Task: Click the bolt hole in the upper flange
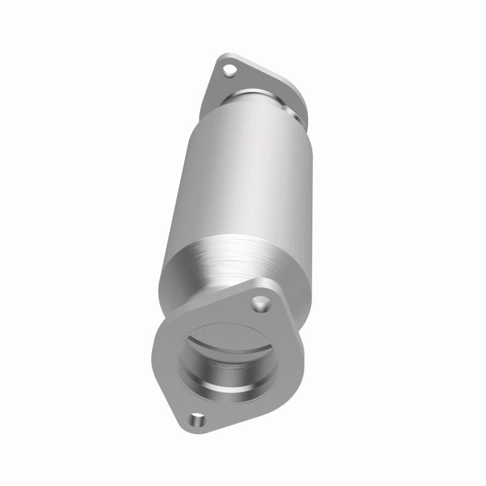point(229,71)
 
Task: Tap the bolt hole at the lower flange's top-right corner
point(260,301)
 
